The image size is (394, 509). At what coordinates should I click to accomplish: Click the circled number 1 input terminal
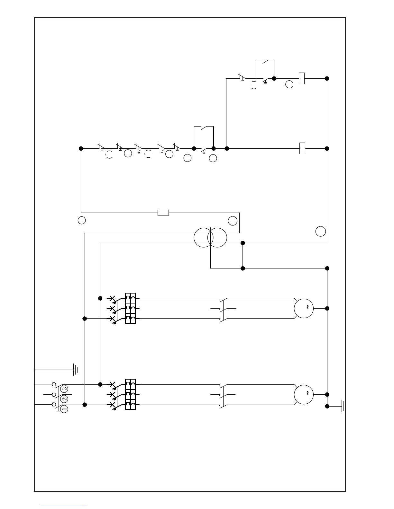(64, 409)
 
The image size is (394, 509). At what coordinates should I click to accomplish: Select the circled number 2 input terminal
(64, 399)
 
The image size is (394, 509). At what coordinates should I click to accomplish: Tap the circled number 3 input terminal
(64, 389)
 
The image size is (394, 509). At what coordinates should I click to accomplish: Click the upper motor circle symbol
(304, 309)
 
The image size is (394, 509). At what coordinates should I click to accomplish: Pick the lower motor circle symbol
(304, 394)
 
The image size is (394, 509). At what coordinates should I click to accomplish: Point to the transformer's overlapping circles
(210, 238)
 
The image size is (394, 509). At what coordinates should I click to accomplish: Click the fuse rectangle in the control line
(163, 213)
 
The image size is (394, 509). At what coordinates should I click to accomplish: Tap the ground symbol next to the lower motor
(343, 406)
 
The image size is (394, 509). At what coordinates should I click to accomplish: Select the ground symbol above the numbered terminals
(75, 370)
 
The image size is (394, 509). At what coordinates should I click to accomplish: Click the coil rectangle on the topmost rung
(302, 78)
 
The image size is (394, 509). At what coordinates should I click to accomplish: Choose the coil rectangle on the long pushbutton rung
(302, 148)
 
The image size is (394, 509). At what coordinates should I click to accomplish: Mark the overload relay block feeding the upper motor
(131, 308)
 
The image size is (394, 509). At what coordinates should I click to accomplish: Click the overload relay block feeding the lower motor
(131, 394)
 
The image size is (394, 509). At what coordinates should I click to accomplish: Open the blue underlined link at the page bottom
(64, 506)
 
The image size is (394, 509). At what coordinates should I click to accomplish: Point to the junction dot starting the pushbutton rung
(81, 148)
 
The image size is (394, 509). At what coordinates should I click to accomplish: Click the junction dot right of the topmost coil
(327, 78)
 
